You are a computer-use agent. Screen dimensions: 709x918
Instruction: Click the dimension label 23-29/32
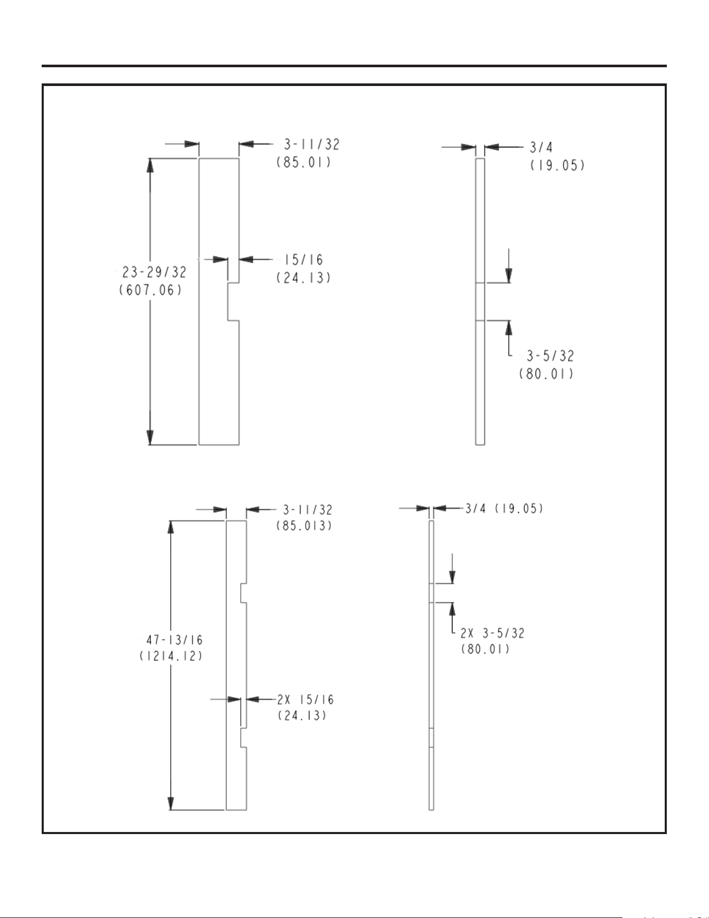point(154,272)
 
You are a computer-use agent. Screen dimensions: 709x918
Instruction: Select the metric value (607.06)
point(151,290)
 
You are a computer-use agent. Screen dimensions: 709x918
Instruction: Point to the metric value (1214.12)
point(171,656)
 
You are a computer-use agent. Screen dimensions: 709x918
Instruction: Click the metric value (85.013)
point(304,525)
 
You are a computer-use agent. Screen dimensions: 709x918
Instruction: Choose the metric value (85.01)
point(304,163)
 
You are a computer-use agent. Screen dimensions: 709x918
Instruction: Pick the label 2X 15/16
point(305,700)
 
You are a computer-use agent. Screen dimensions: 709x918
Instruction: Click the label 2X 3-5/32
point(492,633)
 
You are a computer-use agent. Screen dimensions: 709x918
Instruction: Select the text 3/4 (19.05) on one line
point(504,508)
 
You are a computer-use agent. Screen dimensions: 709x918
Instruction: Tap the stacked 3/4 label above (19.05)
point(541,148)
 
